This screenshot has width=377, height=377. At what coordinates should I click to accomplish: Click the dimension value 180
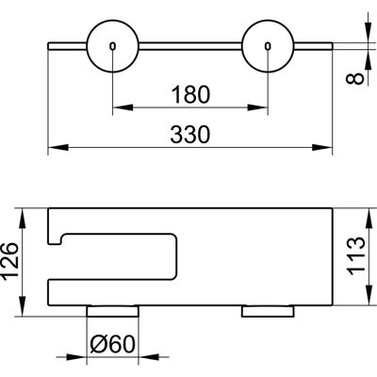[x=190, y=94]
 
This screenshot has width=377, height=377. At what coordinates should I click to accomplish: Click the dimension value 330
[x=190, y=135]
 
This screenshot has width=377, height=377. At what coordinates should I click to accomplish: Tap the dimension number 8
[x=355, y=78]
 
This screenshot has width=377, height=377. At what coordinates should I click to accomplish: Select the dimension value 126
[x=10, y=260]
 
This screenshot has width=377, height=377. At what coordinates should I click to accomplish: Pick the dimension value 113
[x=357, y=255]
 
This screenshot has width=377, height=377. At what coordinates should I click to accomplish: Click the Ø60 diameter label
[x=112, y=344]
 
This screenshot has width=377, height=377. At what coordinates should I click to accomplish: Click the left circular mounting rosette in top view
[x=112, y=46]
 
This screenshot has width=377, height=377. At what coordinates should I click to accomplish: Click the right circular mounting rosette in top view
[x=268, y=46]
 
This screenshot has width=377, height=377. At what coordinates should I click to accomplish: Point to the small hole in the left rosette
[x=112, y=46]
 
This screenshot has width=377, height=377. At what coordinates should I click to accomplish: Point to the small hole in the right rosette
[x=268, y=46]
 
